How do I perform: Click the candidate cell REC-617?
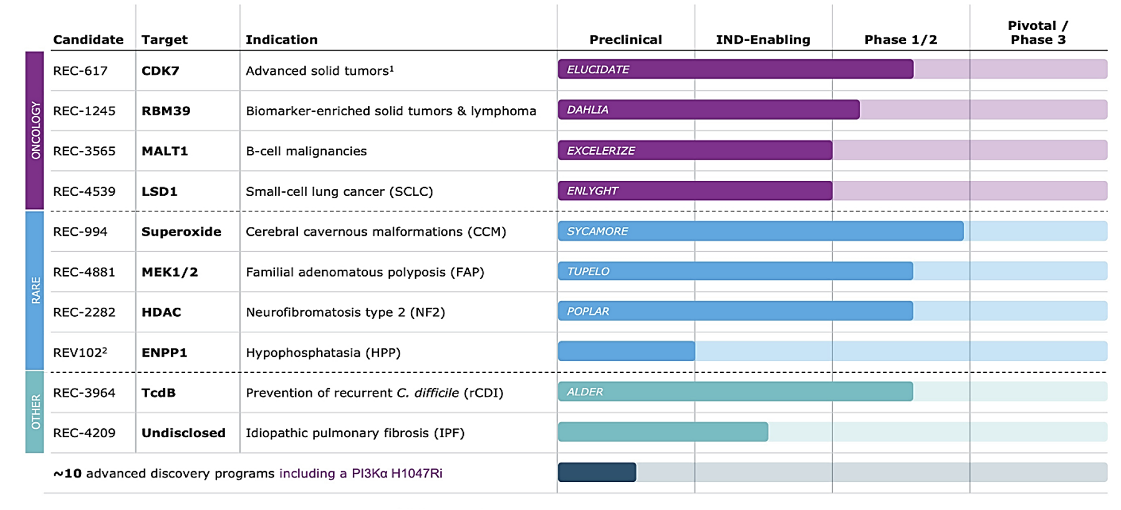80,71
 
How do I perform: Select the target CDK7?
160,71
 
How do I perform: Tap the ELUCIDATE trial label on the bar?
598,69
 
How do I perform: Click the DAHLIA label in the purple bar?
587,110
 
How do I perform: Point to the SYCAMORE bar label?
597,231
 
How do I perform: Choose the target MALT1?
165,152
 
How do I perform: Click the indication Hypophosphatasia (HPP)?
323,353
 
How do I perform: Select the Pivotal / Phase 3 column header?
1038,33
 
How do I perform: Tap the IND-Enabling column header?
763,40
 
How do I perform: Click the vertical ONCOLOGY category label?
35,130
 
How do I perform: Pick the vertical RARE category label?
35,291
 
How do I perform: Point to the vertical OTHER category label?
35,411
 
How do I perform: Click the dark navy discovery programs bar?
597,473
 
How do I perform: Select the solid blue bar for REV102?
626,351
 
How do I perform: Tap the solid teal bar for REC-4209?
663,432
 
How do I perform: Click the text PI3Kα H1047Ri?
397,473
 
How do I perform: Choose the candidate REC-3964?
84,393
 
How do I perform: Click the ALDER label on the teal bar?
585,392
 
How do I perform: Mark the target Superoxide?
181,232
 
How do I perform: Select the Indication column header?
281,40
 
